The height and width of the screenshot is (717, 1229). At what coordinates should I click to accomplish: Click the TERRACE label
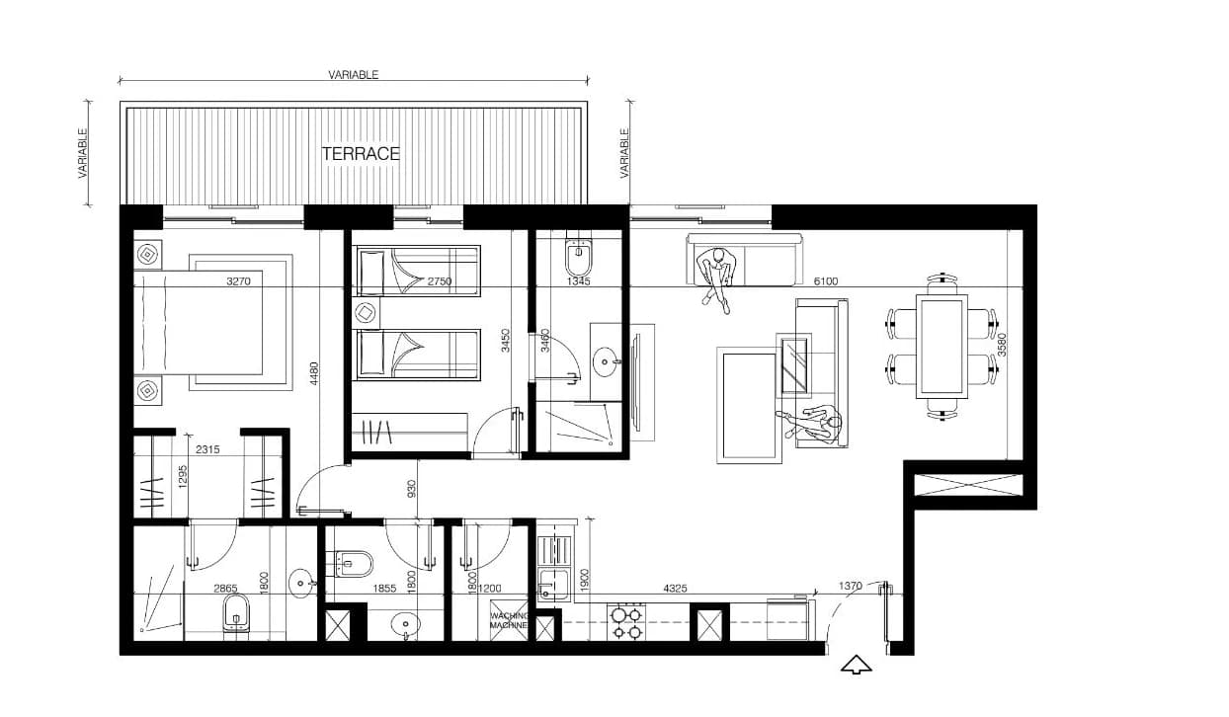point(361,154)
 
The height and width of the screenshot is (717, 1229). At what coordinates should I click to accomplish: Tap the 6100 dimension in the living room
point(825,281)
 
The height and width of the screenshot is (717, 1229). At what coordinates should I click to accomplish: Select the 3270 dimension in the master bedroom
point(238,281)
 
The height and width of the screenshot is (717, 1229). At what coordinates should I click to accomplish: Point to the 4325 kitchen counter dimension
point(675,589)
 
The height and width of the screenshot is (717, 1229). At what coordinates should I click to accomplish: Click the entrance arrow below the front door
point(856,665)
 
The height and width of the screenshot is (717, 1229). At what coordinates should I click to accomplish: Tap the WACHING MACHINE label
point(509,620)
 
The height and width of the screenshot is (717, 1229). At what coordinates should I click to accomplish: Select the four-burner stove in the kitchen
point(626,622)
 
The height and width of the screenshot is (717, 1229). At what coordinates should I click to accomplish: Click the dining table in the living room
point(942,347)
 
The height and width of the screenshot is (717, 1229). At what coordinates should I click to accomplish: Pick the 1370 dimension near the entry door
point(850,586)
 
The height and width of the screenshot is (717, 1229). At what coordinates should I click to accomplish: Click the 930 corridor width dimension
point(412,488)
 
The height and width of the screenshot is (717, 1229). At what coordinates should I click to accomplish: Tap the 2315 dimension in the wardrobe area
point(207,449)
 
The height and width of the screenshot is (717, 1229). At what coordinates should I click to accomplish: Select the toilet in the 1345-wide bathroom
point(578,257)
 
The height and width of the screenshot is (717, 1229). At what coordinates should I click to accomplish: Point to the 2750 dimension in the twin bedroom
point(440,281)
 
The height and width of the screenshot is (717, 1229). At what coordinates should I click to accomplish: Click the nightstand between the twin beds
point(366,313)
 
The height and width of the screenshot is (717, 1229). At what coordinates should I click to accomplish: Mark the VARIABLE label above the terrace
point(354,75)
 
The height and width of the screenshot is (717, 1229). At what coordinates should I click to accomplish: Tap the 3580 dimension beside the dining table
point(1003,345)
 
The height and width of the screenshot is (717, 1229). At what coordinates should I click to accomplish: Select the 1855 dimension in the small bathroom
point(384,589)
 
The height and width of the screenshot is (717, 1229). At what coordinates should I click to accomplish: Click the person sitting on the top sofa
point(717,279)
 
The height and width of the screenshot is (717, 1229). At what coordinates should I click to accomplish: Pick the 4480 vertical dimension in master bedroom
point(314,373)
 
